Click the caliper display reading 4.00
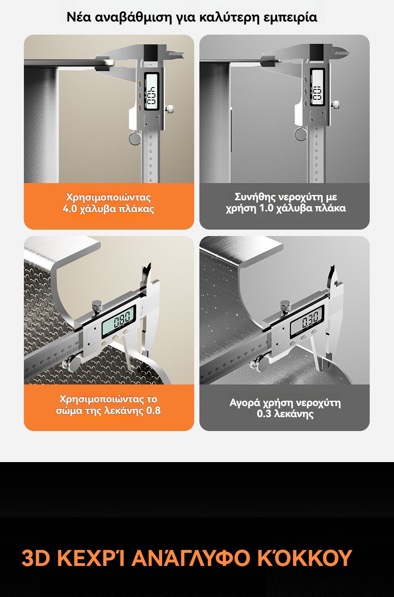(151, 91)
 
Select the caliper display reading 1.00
(318, 87)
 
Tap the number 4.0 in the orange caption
(70, 209)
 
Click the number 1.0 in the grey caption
(267, 208)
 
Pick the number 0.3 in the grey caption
(264, 414)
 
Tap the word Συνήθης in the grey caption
(255, 197)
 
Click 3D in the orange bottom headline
(36, 558)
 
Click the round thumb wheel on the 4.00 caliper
(135, 139)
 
